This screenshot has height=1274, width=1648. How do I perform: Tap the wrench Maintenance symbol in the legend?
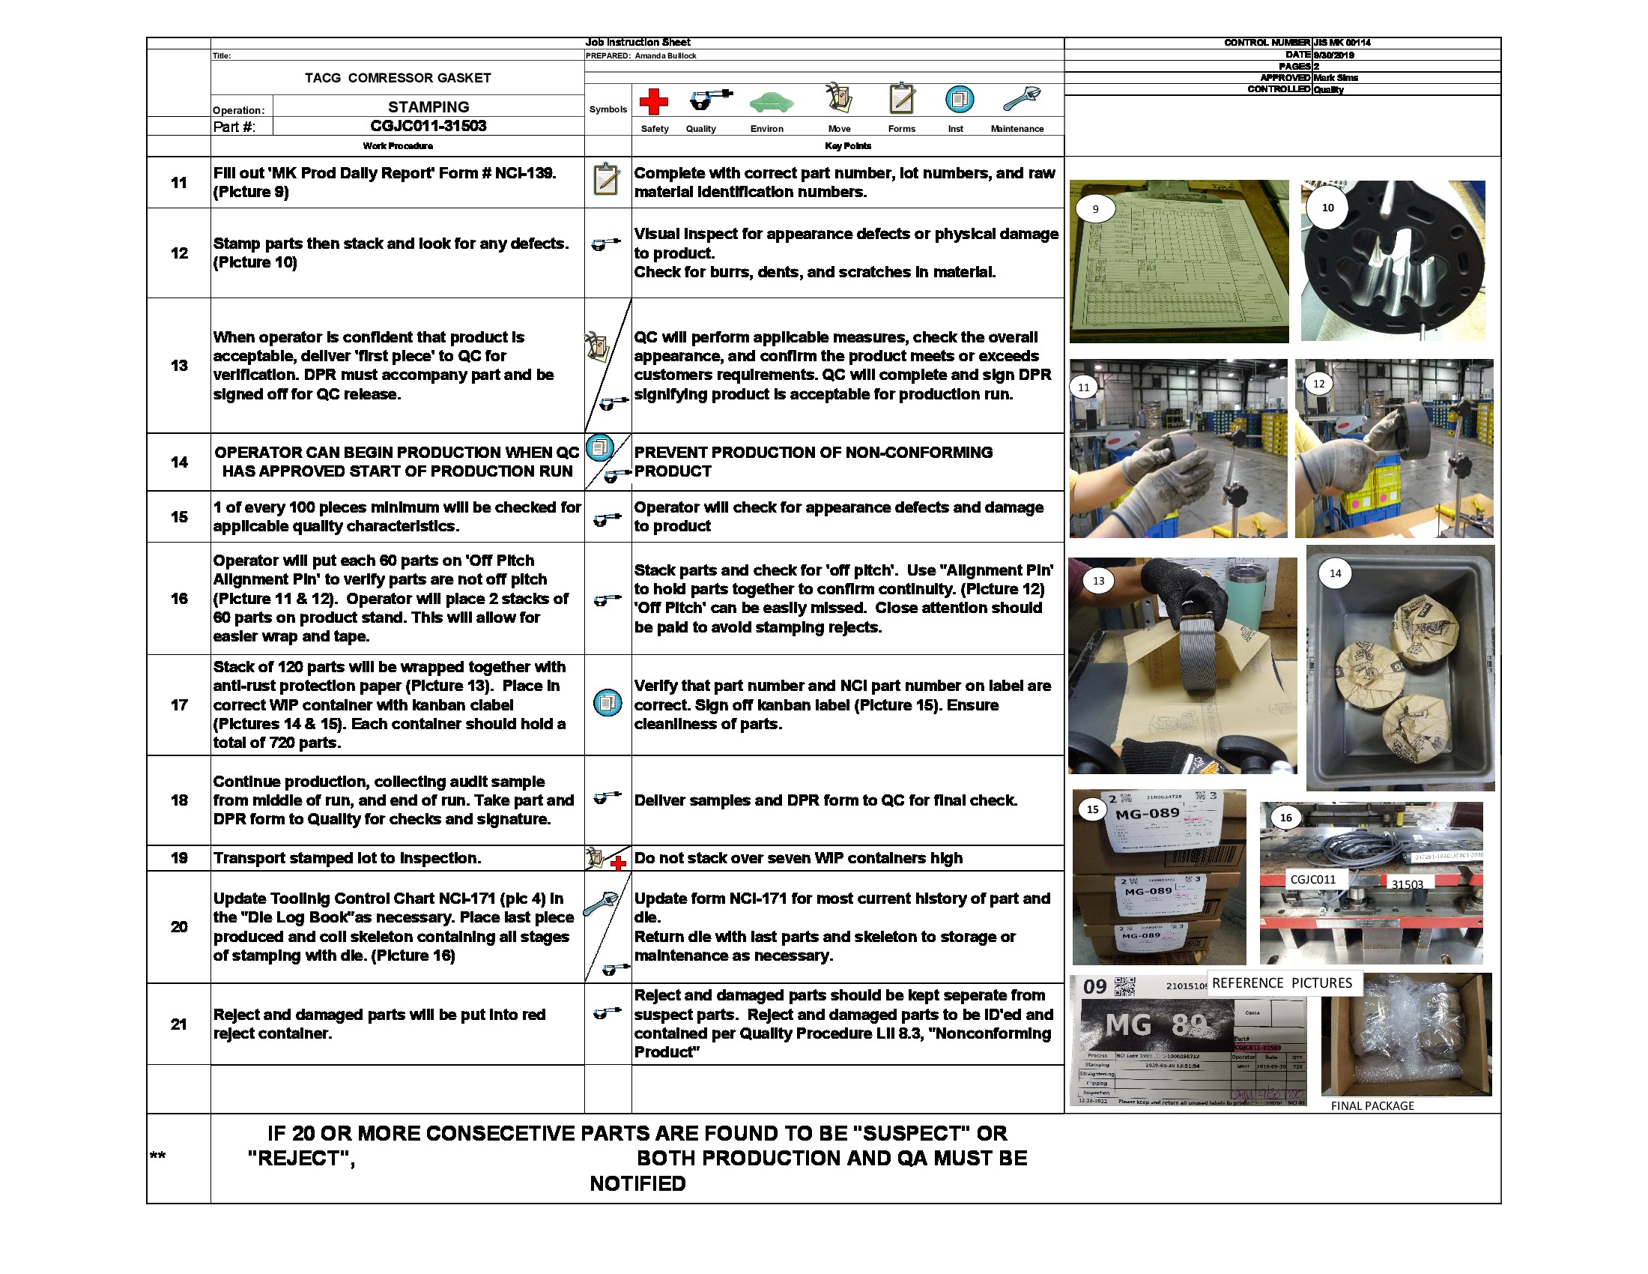(x=1021, y=99)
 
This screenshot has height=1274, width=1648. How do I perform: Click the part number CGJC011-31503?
(x=428, y=126)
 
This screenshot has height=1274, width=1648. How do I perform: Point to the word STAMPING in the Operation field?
(x=428, y=106)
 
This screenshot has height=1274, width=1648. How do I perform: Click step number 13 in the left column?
(x=179, y=365)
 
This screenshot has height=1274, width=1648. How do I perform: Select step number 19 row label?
(x=179, y=858)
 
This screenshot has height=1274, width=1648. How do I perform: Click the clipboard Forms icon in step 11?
(x=606, y=180)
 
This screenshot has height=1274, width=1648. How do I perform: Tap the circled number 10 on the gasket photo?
(x=1327, y=208)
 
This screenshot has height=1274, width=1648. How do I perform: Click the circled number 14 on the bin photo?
(x=1335, y=573)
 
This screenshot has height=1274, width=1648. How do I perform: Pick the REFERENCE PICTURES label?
(x=1281, y=982)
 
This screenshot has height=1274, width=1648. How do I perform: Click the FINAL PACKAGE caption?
(x=1372, y=1105)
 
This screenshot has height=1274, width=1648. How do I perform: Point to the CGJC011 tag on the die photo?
(x=1312, y=879)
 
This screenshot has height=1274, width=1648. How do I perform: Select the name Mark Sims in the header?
(x=1336, y=78)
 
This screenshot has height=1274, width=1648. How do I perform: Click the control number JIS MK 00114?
(x=1342, y=43)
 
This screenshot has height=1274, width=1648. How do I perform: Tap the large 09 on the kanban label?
(x=1094, y=986)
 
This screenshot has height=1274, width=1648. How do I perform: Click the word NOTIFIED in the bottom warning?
(x=637, y=1183)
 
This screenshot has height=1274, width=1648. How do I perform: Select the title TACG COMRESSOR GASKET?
(x=398, y=78)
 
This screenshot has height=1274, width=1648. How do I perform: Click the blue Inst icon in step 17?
(x=608, y=704)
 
